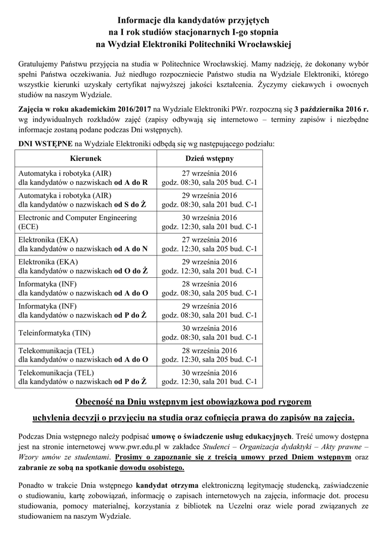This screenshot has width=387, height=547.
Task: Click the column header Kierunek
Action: pos(86,159)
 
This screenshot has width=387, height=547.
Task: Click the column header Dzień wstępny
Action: pos(210,159)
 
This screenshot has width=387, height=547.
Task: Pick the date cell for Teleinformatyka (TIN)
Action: pos(210,333)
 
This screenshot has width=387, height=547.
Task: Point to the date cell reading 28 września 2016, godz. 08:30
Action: pos(210,288)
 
